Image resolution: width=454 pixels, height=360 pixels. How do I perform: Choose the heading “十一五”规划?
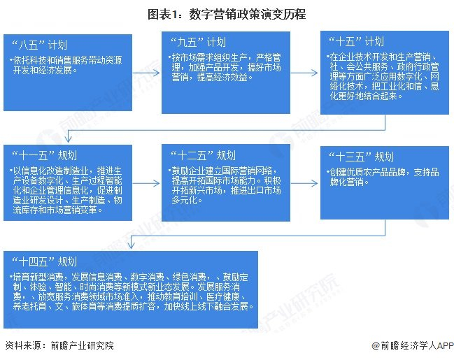pos(41,154)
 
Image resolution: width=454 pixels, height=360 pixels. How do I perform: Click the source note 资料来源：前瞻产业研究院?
pos(59,347)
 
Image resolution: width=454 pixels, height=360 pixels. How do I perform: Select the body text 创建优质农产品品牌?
pos(371,171)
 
